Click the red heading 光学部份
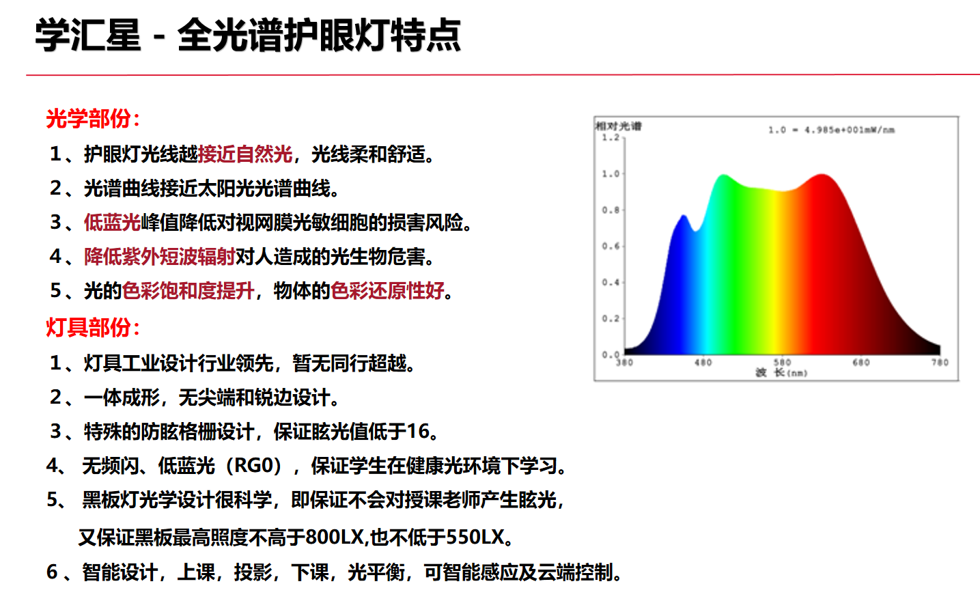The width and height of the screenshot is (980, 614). [x=88, y=119]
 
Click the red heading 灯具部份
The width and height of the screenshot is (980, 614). [x=88, y=327]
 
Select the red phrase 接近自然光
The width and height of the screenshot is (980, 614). [x=245, y=154]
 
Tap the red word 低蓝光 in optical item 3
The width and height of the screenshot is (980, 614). [x=113, y=223]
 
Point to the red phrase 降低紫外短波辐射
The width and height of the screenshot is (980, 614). [x=160, y=256]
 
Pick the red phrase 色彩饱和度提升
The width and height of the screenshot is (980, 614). [x=188, y=290]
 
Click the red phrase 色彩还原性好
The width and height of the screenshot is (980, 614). [x=388, y=290]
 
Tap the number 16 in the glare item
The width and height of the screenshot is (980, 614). [x=419, y=432]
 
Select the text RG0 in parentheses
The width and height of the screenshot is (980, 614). [x=254, y=466]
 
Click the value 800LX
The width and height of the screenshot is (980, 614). [x=335, y=537]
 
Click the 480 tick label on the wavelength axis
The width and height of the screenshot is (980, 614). [x=703, y=363]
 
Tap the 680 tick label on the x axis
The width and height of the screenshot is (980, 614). [x=860, y=363]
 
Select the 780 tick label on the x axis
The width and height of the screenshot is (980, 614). [x=940, y=363]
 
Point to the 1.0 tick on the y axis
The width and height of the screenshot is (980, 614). [x=611, y=173]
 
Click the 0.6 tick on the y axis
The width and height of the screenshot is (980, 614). [x=611, y=246]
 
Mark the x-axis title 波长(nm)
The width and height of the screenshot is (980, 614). [x=781, y=372]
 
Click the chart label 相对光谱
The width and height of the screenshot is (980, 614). [x=619, y=126]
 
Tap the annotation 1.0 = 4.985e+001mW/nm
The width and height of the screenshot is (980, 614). [x=831, y=130]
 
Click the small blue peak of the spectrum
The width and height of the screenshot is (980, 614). [x=684, y=216]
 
